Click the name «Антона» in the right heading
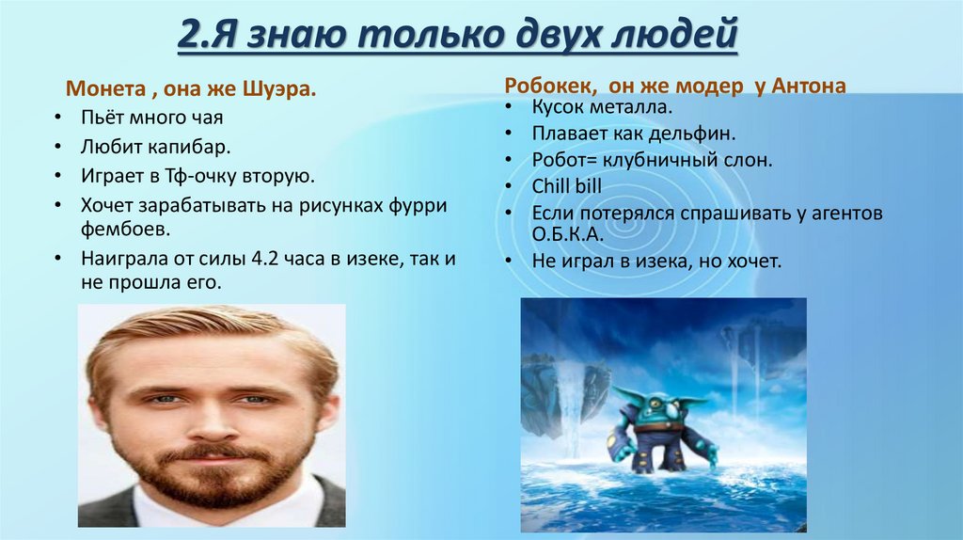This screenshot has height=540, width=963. click(809, 86)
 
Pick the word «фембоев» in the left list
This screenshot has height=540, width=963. click(112, 229)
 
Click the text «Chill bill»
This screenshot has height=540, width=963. click(566, 186)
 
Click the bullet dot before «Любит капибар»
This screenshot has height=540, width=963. click(58, 148)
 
